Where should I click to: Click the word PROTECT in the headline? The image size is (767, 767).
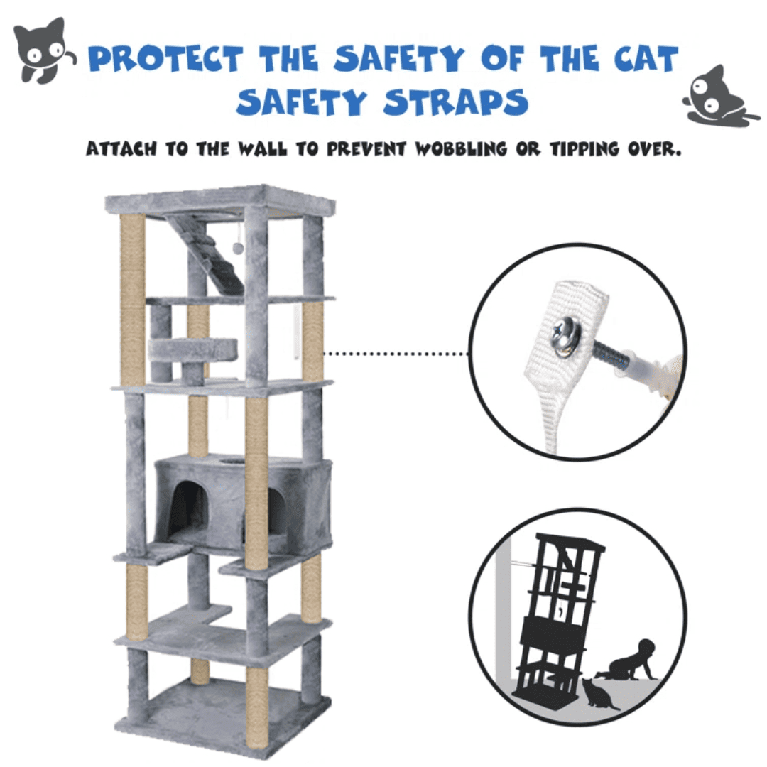pyautogui.click(x=165, y=59)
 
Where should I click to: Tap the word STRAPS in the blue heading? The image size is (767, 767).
pyautogui.click(x=455, y=102)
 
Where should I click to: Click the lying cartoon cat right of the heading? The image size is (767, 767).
pyautogui.click(x=720, y=97)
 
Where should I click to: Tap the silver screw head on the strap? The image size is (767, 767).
pyautogui.click(x=567, y=334)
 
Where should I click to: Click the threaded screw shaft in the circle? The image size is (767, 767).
pyautogui.click(x=609, y=356)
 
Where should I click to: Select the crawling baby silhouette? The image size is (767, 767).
pyautogui.click(x=628, y=660)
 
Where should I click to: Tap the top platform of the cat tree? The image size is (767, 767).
pyautogui.click(x=220, y=200)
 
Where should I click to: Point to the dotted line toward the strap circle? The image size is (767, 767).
pyautogui.click(x=396, y=353)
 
